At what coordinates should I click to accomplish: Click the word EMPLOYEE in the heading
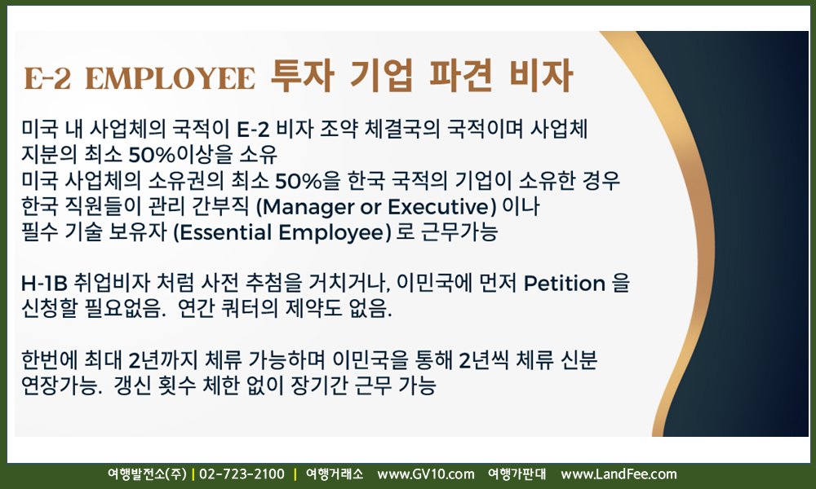click(171, 78)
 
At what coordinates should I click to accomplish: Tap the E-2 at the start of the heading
click(47, 78)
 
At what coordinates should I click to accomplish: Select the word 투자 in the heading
click(303, 76)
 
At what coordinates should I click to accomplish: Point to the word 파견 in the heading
click(460, 76)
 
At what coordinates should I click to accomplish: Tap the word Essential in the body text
click(226, 232)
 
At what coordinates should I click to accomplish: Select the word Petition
click(564, 284)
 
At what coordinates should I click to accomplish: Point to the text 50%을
click(308, 181)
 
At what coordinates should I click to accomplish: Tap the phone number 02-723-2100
click(242, 474)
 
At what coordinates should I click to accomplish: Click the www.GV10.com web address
click(426, 474)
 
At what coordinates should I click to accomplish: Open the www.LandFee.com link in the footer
click(619, 474)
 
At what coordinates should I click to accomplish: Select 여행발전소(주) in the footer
click(147, 474)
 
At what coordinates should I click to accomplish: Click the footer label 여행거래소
click(334, 474)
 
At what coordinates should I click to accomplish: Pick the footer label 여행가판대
click(517, 474)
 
